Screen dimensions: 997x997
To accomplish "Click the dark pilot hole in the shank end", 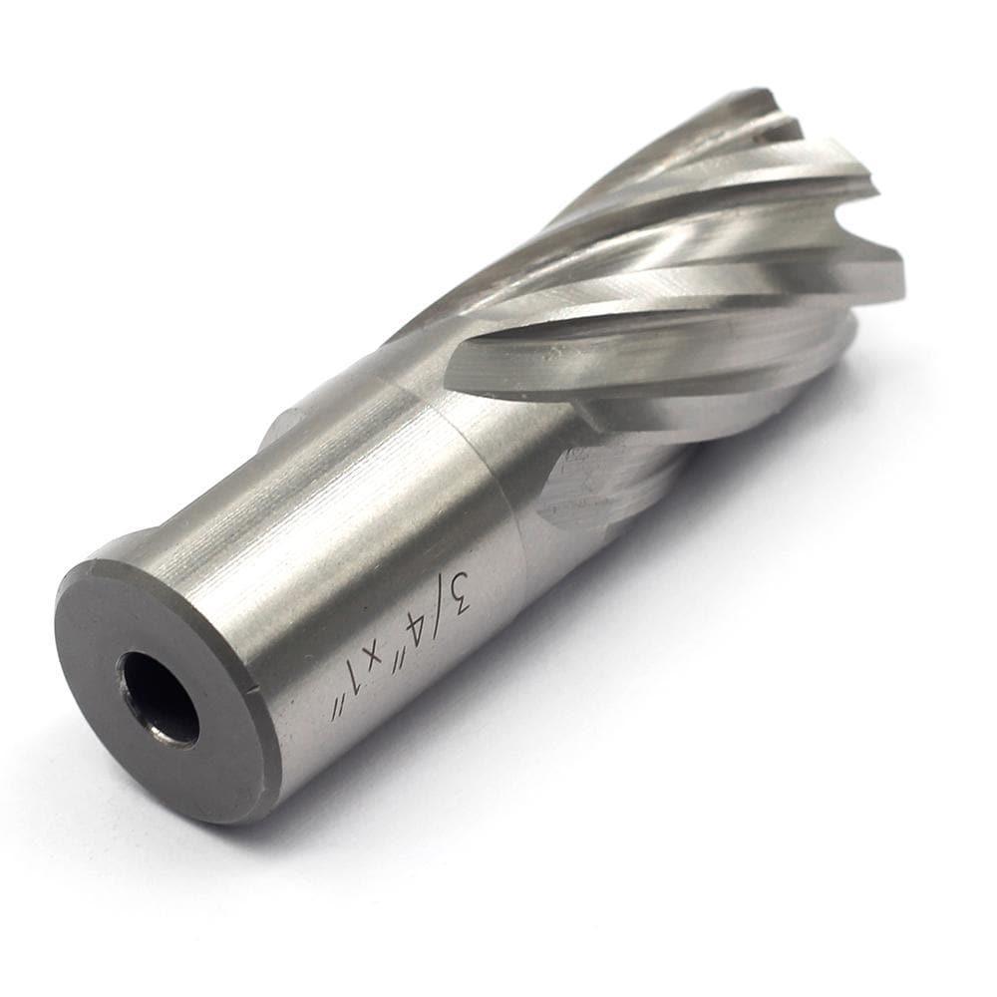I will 160,698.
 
